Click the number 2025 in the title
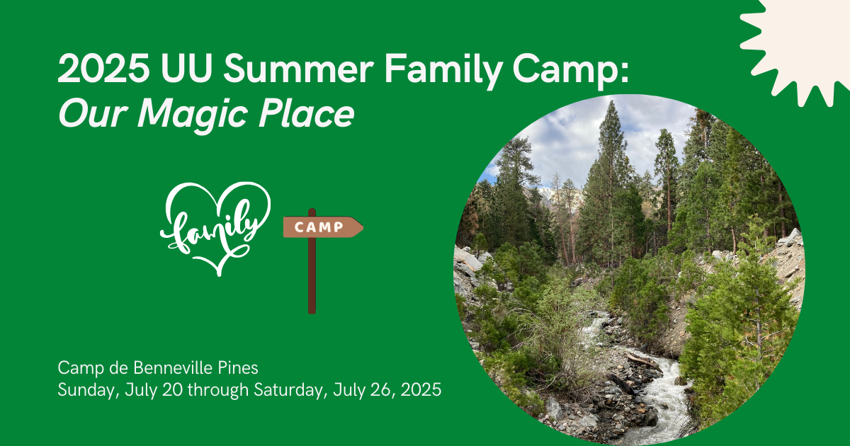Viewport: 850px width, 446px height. (103, 68)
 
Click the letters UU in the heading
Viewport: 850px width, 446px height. (186, 68)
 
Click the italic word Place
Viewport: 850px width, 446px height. (306, 113)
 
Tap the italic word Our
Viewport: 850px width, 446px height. (93, 114)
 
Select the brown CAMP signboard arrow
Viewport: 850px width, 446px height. (323, 227)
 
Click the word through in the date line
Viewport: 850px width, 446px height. (218, 391)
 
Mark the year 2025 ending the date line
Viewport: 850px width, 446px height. (421, 390)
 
